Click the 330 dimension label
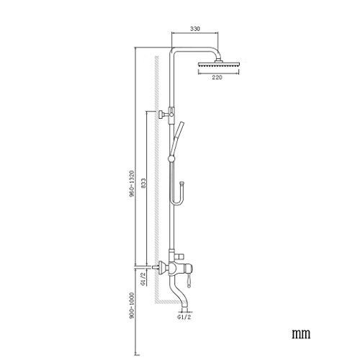click(x=195, y=29)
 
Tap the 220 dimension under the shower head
click(x=217, y=77)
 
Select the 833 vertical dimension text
click(x=143, y=184)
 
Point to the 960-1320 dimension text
click(x=131, y=184)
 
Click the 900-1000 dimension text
click(x=131, y=305)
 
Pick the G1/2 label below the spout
click(x=184, y=318)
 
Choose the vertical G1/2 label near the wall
click(x=143, y=279)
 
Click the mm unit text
click(x=301, y=333)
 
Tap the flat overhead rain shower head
click(x=219, y=64)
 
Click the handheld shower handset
click(x=177, y=138)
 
